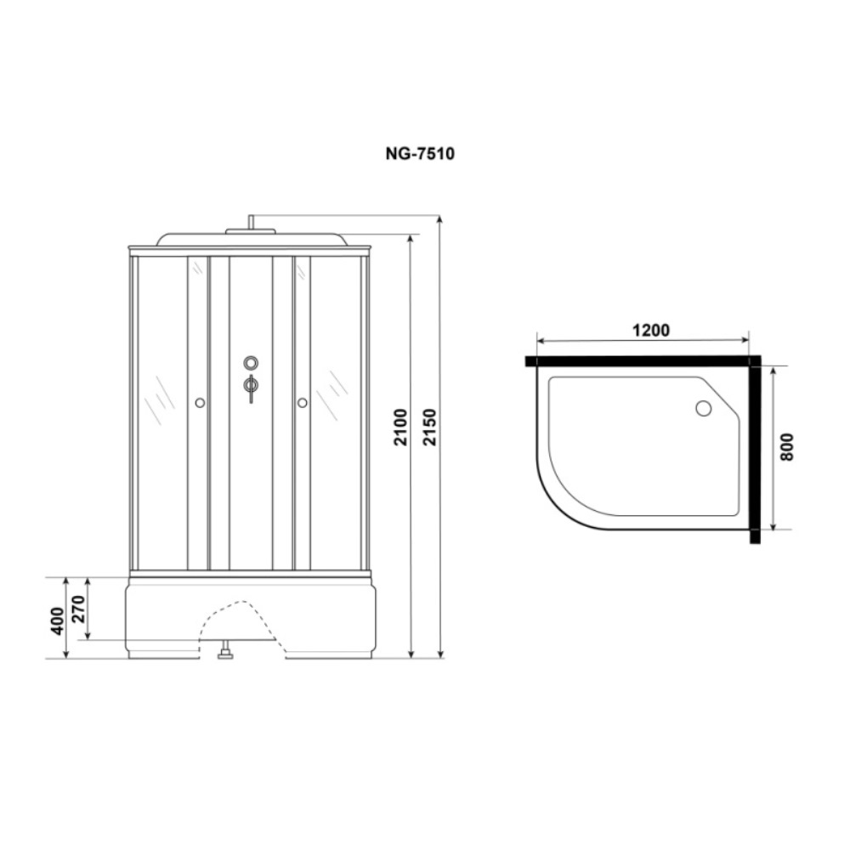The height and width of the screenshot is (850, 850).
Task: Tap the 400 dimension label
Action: click(56, 622)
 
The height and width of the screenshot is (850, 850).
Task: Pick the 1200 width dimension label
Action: click(650, 331)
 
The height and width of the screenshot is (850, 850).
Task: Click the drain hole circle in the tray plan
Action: click(703, 409)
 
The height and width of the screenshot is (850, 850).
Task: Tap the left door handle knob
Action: click(199, 403)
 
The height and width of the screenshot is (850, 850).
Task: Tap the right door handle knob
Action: click(302, 403)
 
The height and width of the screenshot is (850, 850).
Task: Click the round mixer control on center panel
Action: click(250, 363)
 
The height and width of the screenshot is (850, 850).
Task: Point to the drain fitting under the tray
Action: click(225, 653)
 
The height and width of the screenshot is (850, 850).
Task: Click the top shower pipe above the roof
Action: click(250, 222)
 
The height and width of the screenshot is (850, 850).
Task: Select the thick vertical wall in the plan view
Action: click(755, 450)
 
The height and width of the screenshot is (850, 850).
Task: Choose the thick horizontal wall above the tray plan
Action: click(637, 361)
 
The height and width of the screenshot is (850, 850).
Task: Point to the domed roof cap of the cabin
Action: click(250, 238)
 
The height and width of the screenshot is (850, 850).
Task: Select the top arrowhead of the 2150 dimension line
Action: click(439, 220)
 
